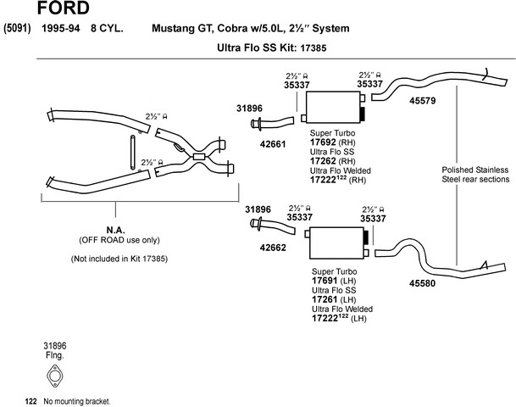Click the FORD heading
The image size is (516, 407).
coord(64,8)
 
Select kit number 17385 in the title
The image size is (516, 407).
coord(313,48)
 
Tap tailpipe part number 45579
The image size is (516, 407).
coord(423,101)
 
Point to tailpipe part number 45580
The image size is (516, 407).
coord(422,283)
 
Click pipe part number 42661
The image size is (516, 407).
coord(273,144)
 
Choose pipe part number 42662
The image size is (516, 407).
coord(273,248)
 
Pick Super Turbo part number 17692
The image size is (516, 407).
coord(323,142)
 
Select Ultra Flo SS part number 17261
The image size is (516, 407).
coord(325,299)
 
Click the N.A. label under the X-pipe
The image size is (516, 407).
coord(115,230)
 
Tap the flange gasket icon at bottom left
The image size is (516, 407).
coord(54,376)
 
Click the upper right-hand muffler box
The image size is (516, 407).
coord(333,108)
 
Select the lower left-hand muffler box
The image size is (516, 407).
coord(336,243)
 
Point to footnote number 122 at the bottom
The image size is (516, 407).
coord(31,401)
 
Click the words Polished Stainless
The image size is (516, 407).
coord(475,170)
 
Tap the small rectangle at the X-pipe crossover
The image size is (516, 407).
coord(199,157)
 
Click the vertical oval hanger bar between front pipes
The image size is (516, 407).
coord(133,152)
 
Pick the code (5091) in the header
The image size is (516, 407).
coord(17,28)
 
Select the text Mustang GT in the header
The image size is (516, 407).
coord(182,28)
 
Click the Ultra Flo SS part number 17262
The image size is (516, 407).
coord(323,161)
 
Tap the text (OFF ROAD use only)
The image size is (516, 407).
coord(119,240)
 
